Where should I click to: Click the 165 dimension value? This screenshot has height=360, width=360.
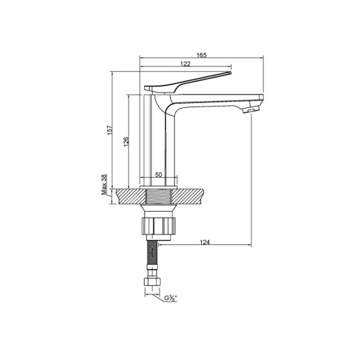(x=201, y=55)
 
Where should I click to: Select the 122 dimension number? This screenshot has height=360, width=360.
(x=185, y=64)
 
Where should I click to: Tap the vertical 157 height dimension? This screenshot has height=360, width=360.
(x=110, y=130)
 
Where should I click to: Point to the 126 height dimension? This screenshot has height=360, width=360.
(x=126, y=142)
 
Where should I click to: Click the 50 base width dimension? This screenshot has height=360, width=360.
(x=159, y=174)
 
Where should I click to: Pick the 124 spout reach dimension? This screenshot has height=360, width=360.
(x=205, y=242)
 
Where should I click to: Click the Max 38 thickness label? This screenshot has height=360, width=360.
(x=104, y=184)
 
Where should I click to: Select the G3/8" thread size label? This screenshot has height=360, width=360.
(x=171, y=299)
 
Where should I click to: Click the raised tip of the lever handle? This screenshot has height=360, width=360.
(x=229, y=73)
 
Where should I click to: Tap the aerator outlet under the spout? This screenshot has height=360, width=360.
(x=250, y=109)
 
